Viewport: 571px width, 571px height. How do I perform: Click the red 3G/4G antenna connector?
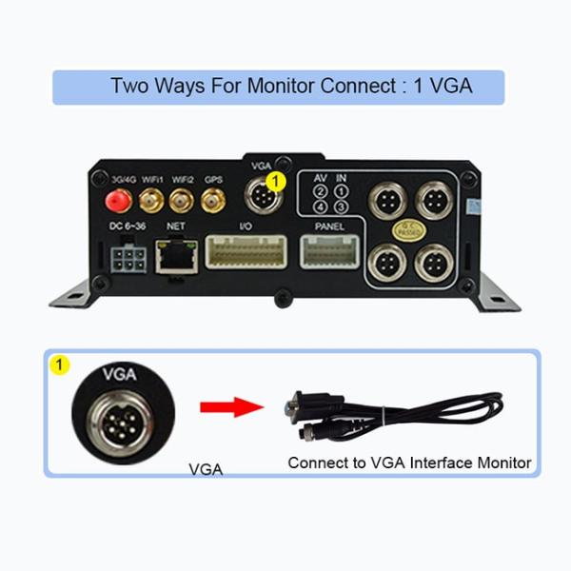tap(119, 200)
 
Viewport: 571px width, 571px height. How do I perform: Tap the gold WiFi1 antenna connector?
tap(149, 200)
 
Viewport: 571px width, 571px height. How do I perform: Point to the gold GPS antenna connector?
tap(212, 200)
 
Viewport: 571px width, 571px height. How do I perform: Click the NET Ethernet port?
tap(174, 254)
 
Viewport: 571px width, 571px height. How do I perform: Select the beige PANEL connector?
tap(328, 251)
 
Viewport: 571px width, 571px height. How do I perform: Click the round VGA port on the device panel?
tap(261, 197)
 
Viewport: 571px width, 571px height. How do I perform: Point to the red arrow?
tap(230, 407)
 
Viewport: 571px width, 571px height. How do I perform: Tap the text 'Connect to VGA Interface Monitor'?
tap(409, 463)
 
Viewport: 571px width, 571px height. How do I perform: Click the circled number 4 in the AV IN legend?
tap(322, 207)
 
